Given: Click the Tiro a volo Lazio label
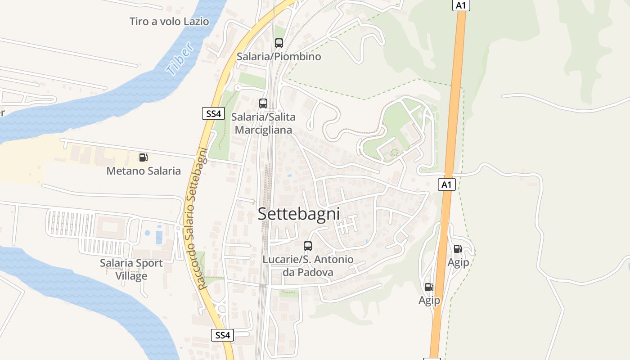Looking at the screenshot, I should (x=169, y=21).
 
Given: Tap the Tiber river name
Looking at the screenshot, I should (x=180, y=58).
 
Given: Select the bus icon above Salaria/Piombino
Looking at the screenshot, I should (x=279, y=43).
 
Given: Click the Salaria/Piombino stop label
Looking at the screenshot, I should (x=279, y=57).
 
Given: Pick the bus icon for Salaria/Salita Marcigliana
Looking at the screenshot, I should (x=263, y=103).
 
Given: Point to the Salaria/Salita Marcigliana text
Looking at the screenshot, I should (x=263, y=123).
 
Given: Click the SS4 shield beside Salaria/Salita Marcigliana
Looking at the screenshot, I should (x=213, y=114).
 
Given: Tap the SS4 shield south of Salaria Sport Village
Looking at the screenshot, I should (x=222, y=335).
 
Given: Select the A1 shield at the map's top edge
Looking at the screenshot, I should (x=460, y=5).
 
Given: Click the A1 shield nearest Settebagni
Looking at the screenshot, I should (x=446, y=184).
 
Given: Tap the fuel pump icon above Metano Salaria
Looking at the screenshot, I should (x=143, y=157).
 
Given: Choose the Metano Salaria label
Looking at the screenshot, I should (x=144, y=171).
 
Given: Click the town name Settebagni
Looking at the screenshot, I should (x=299, y=214).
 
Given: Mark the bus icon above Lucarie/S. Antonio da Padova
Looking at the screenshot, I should (x=308, y=246).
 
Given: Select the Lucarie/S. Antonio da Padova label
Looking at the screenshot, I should (x=308, y=266).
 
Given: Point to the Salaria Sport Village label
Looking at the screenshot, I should (x=131, y=269).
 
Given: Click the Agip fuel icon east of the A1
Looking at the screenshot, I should (x=458, y=248).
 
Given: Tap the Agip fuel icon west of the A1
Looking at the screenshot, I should (x=429, y=287).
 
